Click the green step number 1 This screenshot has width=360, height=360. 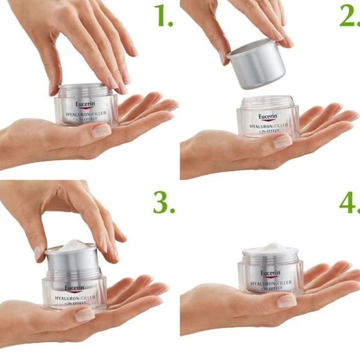163,17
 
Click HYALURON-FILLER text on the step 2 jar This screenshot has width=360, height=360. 269,127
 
